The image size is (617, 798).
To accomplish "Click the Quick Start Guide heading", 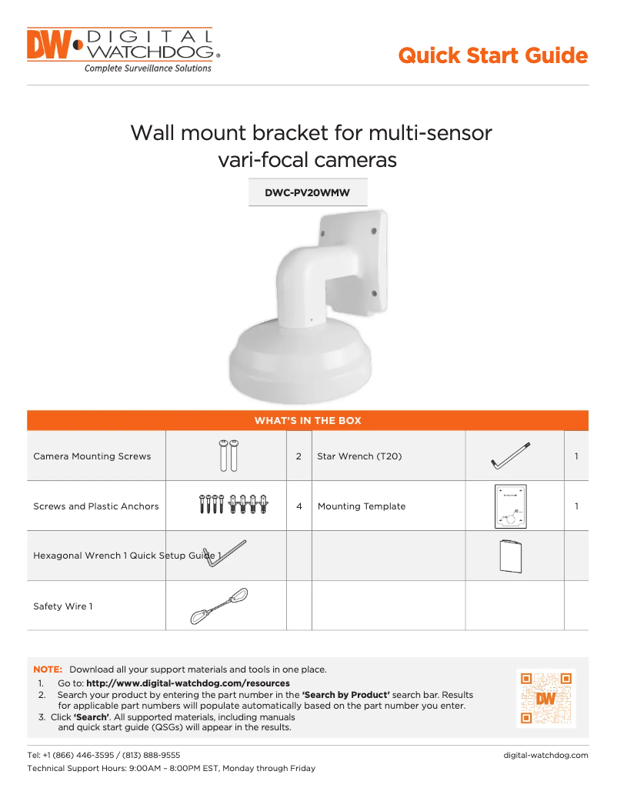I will click(x=492, y=56).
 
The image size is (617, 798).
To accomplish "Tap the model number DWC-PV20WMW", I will click(x=307, y=193).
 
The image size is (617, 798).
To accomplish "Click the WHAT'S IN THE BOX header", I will click(x=308, y=421).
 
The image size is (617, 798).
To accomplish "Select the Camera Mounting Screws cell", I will click(x=92, y=456).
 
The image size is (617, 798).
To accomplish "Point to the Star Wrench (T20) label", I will click(x=359, y=456).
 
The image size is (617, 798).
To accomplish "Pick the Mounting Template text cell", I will click(x=362, y=506).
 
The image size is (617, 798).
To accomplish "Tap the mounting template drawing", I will click(x=510, y=506).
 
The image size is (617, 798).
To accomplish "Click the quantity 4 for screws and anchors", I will click(x=298, y=506).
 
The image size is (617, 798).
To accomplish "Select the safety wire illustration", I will click(x=219, y=606).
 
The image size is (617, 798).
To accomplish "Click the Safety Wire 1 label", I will click(x=63, y=606).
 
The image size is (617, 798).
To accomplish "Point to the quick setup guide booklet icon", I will click(x=510, y=556).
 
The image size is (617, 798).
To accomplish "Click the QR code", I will click(x=545, y=698).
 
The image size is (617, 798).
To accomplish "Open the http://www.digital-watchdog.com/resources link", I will click(x=188, y=683).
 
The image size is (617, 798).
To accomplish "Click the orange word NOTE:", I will click(x=47, y=669).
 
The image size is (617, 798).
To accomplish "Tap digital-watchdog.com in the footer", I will click(x=545, y=756).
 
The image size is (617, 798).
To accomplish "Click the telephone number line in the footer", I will click(x=104, y=756).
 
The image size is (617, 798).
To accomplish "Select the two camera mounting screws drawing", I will click(x=227, y=455).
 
